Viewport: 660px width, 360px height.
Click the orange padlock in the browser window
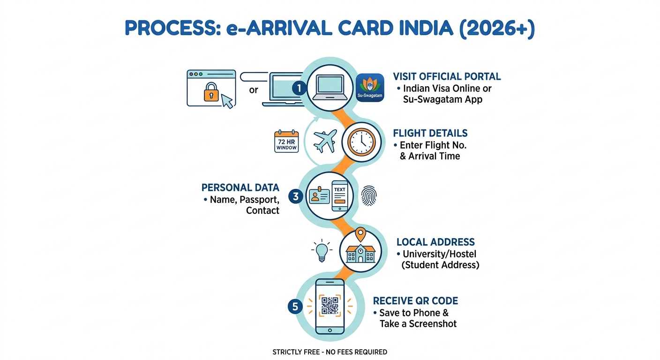pos(211,92)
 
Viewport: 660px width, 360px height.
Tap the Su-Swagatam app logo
pos(370,88)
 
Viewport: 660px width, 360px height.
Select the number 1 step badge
pos(299,88)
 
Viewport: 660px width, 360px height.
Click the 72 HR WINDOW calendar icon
pos(286,141)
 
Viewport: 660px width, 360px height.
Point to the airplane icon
pos(325,141)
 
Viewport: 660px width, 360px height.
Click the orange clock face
pos(361,142)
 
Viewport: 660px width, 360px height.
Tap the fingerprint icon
pos(369,195)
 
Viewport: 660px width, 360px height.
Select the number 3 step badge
pos(296,196)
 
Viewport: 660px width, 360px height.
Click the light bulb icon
pos(322,251)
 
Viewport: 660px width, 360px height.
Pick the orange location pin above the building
pos(360,234)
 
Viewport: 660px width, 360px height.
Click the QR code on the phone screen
pos(330,306)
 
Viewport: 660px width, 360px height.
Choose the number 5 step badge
pos(295,307)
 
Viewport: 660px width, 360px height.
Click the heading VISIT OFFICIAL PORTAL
pos(447,76)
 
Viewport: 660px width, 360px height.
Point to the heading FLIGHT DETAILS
pos(430,133)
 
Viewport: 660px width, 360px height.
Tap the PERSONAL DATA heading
pos(240,187)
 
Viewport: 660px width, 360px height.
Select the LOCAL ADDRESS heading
pos(435,242)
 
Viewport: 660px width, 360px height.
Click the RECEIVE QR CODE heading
pos(415,301)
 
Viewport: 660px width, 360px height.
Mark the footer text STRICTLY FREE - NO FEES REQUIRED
pos(330,352)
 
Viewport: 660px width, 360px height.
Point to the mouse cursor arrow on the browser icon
pos(227,101)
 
